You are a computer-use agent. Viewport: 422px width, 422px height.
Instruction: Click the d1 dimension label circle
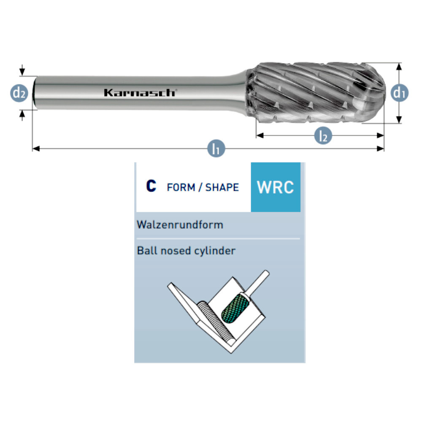point(399,93)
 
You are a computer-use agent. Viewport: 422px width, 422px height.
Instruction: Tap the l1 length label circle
point(216,149)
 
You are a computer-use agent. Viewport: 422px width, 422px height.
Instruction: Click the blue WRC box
point(276,187)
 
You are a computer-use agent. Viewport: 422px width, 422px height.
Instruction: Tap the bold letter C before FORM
point(151,187)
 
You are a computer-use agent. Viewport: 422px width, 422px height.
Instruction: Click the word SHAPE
point(222,187)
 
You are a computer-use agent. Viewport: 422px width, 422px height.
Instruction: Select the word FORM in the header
point(181,187)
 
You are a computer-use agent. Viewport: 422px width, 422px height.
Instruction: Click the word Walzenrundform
point(180,225)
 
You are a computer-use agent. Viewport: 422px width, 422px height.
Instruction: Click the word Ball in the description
point(146,251)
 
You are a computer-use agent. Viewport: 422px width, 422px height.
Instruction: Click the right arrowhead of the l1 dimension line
point(381,149)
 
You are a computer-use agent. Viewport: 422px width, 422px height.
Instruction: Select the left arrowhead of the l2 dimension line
point(260,135)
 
